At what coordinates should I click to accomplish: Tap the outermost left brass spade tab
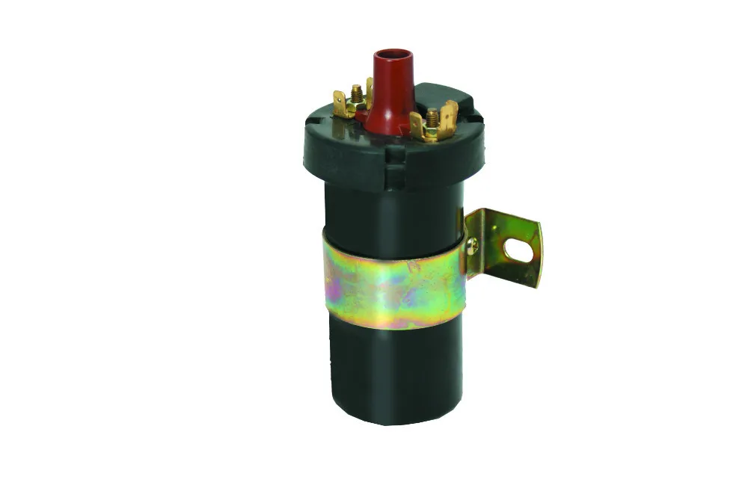click(x=340, y=105)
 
